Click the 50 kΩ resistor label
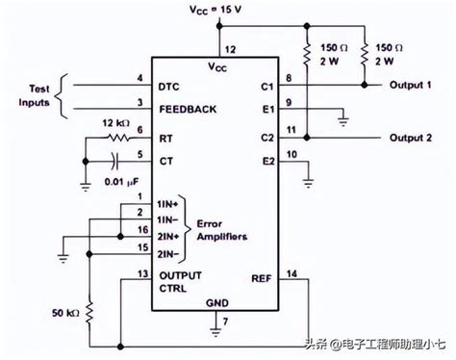65,314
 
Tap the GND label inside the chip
218,302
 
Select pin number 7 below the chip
225,320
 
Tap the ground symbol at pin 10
308,176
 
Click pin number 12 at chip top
229,49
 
